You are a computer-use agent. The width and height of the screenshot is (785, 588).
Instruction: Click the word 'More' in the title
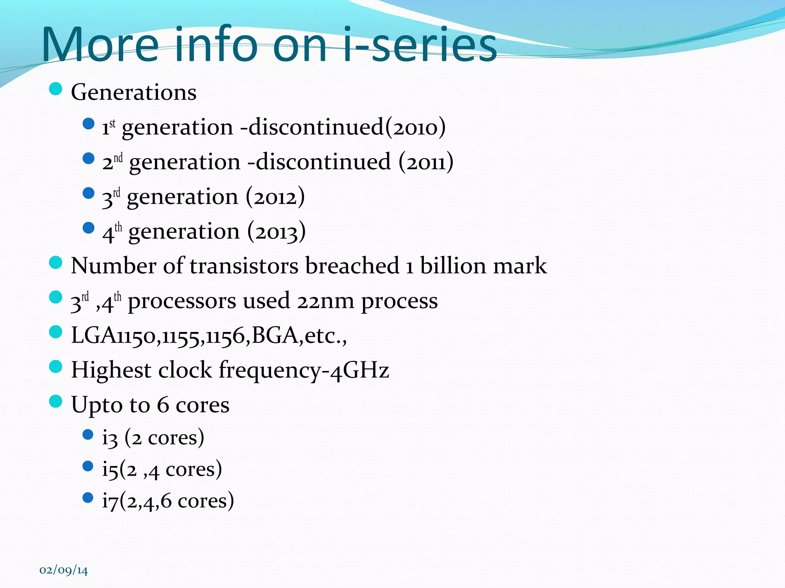click(100, 45)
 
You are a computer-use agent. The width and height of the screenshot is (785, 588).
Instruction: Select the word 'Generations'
click(134, 92)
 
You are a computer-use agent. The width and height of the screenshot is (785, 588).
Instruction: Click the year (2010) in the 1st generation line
click(415, 127)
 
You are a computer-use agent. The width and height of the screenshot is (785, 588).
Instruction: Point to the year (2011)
click(426, 162)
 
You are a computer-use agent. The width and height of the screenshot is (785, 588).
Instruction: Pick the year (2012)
click(275, 197)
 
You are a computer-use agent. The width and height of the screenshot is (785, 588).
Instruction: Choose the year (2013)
click(276, 232)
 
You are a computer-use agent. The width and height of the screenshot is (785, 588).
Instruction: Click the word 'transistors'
click(244, 266)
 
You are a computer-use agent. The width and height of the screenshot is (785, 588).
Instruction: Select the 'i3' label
click(110, 438)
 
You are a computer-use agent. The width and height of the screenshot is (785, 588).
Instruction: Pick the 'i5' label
click(110, 469)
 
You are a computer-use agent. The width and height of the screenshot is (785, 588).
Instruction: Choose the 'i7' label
click(110, 501)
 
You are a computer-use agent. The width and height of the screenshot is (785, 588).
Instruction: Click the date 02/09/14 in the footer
click(64, 570)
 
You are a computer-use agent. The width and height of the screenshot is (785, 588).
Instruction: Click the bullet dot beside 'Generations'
click(56, 90)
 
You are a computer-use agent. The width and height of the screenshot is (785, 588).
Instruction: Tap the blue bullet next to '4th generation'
click(89, 228)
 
